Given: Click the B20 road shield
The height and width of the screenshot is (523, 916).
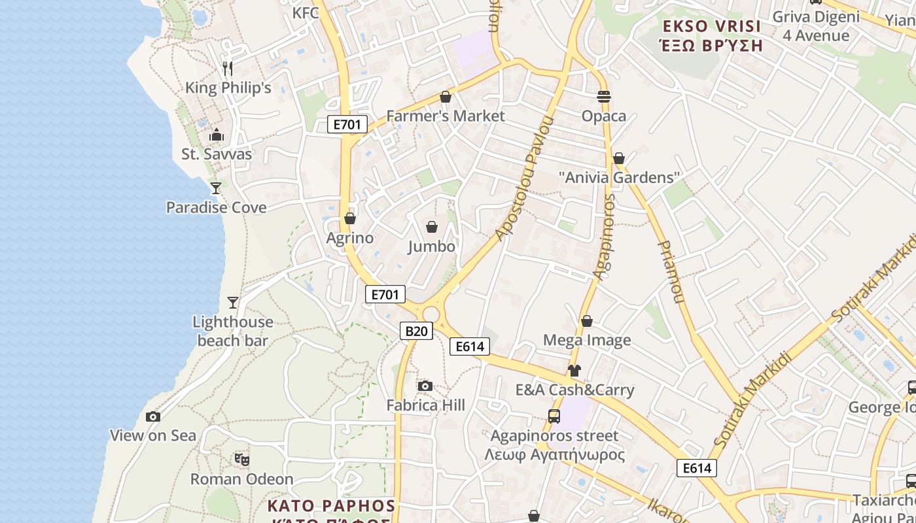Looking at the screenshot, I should [x=416, y=331].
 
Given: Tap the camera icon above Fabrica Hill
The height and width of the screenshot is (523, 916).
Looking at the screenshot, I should [x=425, y=386].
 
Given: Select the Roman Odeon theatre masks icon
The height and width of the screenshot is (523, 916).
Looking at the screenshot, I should [x=242, y=459].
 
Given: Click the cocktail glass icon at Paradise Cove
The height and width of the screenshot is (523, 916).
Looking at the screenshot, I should [x=215, y=188].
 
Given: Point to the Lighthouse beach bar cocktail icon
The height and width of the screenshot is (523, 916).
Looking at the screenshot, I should [x=233, y=302].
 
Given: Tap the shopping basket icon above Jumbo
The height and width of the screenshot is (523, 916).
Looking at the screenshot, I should [x=432, y=227].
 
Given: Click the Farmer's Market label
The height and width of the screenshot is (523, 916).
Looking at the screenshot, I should [x=446, y=116].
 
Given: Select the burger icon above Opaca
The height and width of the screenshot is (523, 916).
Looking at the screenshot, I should [x=604, y=97].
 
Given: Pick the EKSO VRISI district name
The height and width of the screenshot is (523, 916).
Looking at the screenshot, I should [x=712, y=27].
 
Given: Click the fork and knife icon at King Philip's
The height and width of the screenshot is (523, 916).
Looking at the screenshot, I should [x=228, y=68].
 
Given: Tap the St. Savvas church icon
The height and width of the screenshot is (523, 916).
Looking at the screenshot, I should [x=217, y=135].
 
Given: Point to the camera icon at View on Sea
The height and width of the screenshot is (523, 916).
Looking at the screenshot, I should [x=153, y=416].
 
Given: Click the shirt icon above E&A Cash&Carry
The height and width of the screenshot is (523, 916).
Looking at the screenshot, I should [x=574, y=371].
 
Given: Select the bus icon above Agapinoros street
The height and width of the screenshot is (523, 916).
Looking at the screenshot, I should [x=554, y=416].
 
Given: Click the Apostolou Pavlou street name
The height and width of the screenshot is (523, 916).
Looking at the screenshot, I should [x=525, y=178].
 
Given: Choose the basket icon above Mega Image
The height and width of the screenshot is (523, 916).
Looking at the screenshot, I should [x=587, y=321].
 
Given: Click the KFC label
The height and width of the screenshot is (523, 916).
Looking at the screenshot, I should [x=306, y=13].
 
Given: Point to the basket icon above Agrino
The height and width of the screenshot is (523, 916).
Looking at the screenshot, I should [x=350, y=218].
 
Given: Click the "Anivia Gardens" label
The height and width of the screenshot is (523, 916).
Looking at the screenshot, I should [x=620, y=177].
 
